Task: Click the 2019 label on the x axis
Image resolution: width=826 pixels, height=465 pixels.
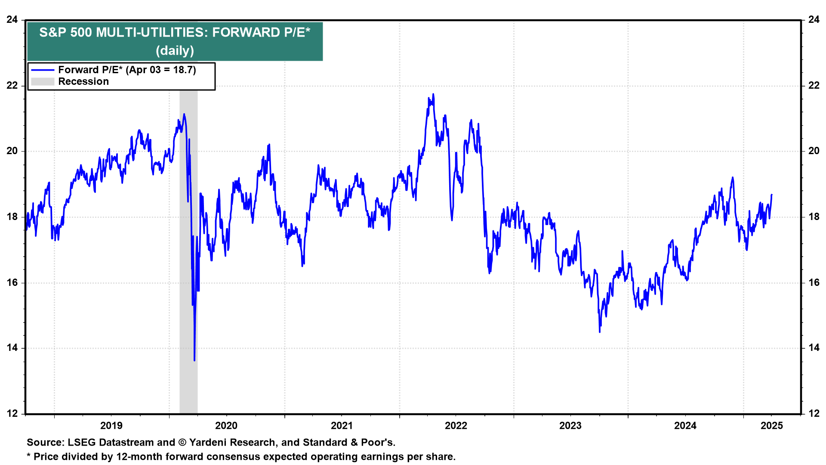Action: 111,426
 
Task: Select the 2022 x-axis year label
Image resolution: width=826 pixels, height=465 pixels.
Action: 456,426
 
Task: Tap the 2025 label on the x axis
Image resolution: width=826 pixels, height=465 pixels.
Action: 772,426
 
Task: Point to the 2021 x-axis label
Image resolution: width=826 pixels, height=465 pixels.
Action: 342,426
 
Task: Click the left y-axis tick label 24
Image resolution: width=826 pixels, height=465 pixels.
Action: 12,19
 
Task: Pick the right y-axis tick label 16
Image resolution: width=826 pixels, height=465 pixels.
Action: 814,282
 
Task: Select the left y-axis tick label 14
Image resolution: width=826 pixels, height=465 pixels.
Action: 12,348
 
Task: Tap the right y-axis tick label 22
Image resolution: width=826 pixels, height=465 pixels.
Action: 814,85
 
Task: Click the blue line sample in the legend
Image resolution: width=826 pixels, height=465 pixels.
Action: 43,70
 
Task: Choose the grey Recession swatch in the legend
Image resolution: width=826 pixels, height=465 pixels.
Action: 43,82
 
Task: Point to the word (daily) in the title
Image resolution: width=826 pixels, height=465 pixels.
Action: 175,51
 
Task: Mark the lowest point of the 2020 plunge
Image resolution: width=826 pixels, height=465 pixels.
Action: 194,360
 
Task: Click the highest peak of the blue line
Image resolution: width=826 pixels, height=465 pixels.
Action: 433,94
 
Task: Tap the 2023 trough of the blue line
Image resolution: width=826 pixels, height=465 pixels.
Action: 600,332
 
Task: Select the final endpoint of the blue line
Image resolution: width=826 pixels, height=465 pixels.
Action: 772,195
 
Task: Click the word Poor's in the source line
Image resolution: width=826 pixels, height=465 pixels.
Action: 379,443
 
